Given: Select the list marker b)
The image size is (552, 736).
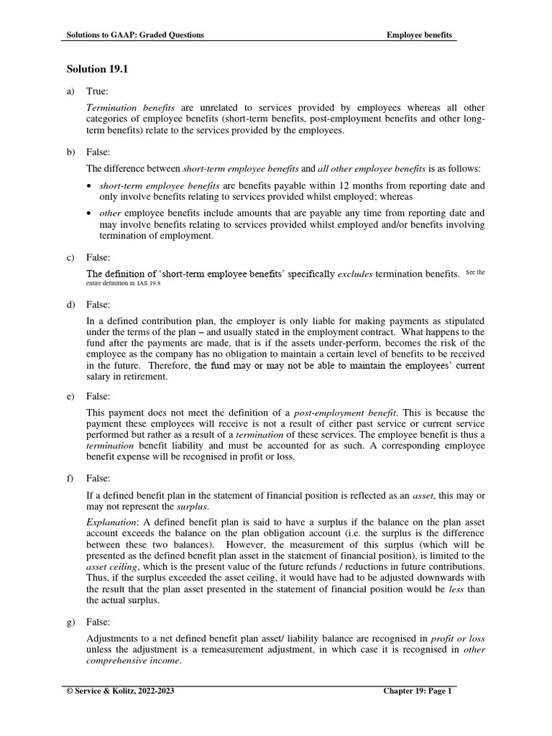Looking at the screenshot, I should pos(70,152).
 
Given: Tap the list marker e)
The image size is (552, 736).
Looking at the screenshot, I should pos(70,396).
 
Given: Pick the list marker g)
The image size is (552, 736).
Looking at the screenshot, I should pos(70,622).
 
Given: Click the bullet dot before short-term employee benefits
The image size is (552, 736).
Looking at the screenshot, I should pos(88,186).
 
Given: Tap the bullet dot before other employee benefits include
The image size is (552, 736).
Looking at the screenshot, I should pos(88,213).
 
